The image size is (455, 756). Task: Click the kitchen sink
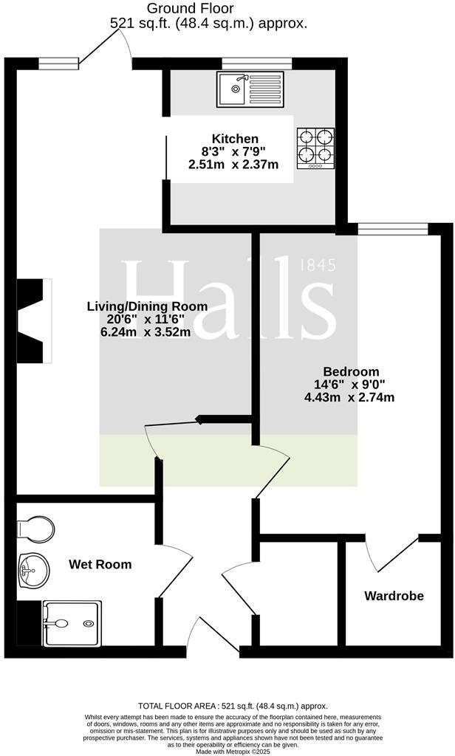point(250,89)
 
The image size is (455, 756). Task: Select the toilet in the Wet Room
point(35,529)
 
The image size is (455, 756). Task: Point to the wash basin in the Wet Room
point(32,568)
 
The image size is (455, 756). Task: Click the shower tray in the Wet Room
point(72,623)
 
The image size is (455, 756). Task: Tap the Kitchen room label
point(235,139)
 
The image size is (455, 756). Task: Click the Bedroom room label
point(351,371)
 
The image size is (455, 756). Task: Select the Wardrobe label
point(394,595)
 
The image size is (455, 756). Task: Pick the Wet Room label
point(100,565)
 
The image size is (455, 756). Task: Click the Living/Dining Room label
point(147,306)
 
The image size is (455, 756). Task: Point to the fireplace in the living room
point(33,320)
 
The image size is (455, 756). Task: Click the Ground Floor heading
point(190,9)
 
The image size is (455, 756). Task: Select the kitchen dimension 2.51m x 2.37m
point(233,165)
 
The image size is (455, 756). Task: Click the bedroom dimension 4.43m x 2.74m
point(350,397)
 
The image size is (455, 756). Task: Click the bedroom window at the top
point(392,229)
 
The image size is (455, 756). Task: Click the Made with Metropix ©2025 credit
point(227,751)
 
